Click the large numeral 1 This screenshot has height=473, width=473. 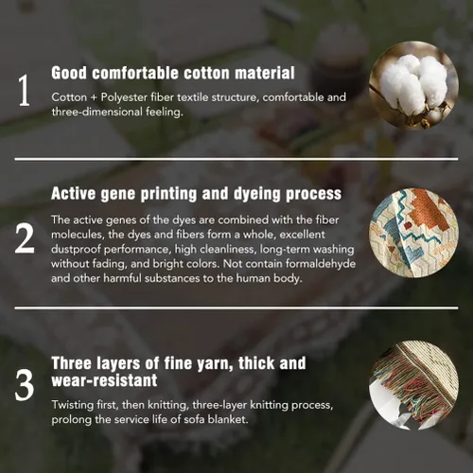point(24,91)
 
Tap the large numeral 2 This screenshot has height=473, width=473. point(25,238)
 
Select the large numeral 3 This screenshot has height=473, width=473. point(25,385)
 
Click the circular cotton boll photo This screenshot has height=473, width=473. point(413,85)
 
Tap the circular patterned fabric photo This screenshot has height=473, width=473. point(413,234)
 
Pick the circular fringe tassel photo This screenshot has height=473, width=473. point(413,385)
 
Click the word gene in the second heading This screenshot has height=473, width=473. point(117,195)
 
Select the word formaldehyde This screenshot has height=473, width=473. point(321,264)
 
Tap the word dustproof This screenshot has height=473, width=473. point(76,250)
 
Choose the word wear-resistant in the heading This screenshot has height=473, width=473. point(104,380)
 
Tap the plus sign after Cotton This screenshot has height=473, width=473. point(94,97)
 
